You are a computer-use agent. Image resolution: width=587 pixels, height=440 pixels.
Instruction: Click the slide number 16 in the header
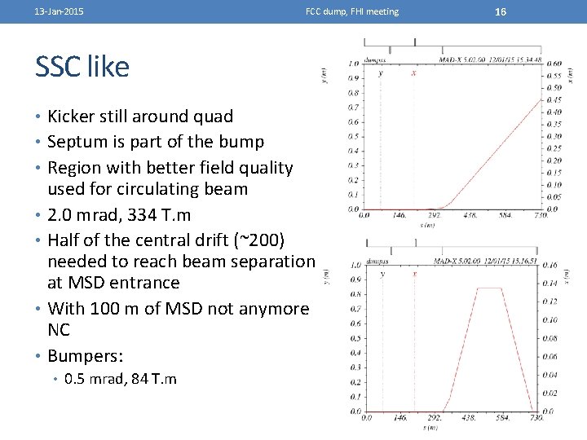(x=501, y=11)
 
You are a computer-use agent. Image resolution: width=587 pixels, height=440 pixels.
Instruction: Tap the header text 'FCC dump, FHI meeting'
(x=352, y=11)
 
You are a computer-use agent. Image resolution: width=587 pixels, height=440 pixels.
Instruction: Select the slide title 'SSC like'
(x=82, y=67)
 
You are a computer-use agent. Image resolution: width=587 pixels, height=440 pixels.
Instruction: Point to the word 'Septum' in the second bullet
(x=77, y=142)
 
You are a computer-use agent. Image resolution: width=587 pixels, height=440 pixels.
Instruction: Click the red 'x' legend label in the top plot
(x=413, y=73)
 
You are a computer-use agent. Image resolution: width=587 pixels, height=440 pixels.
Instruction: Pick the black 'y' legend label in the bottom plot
(x=382, y=274)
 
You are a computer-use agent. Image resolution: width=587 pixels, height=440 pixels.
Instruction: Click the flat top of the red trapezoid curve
(x=489, y=288)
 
